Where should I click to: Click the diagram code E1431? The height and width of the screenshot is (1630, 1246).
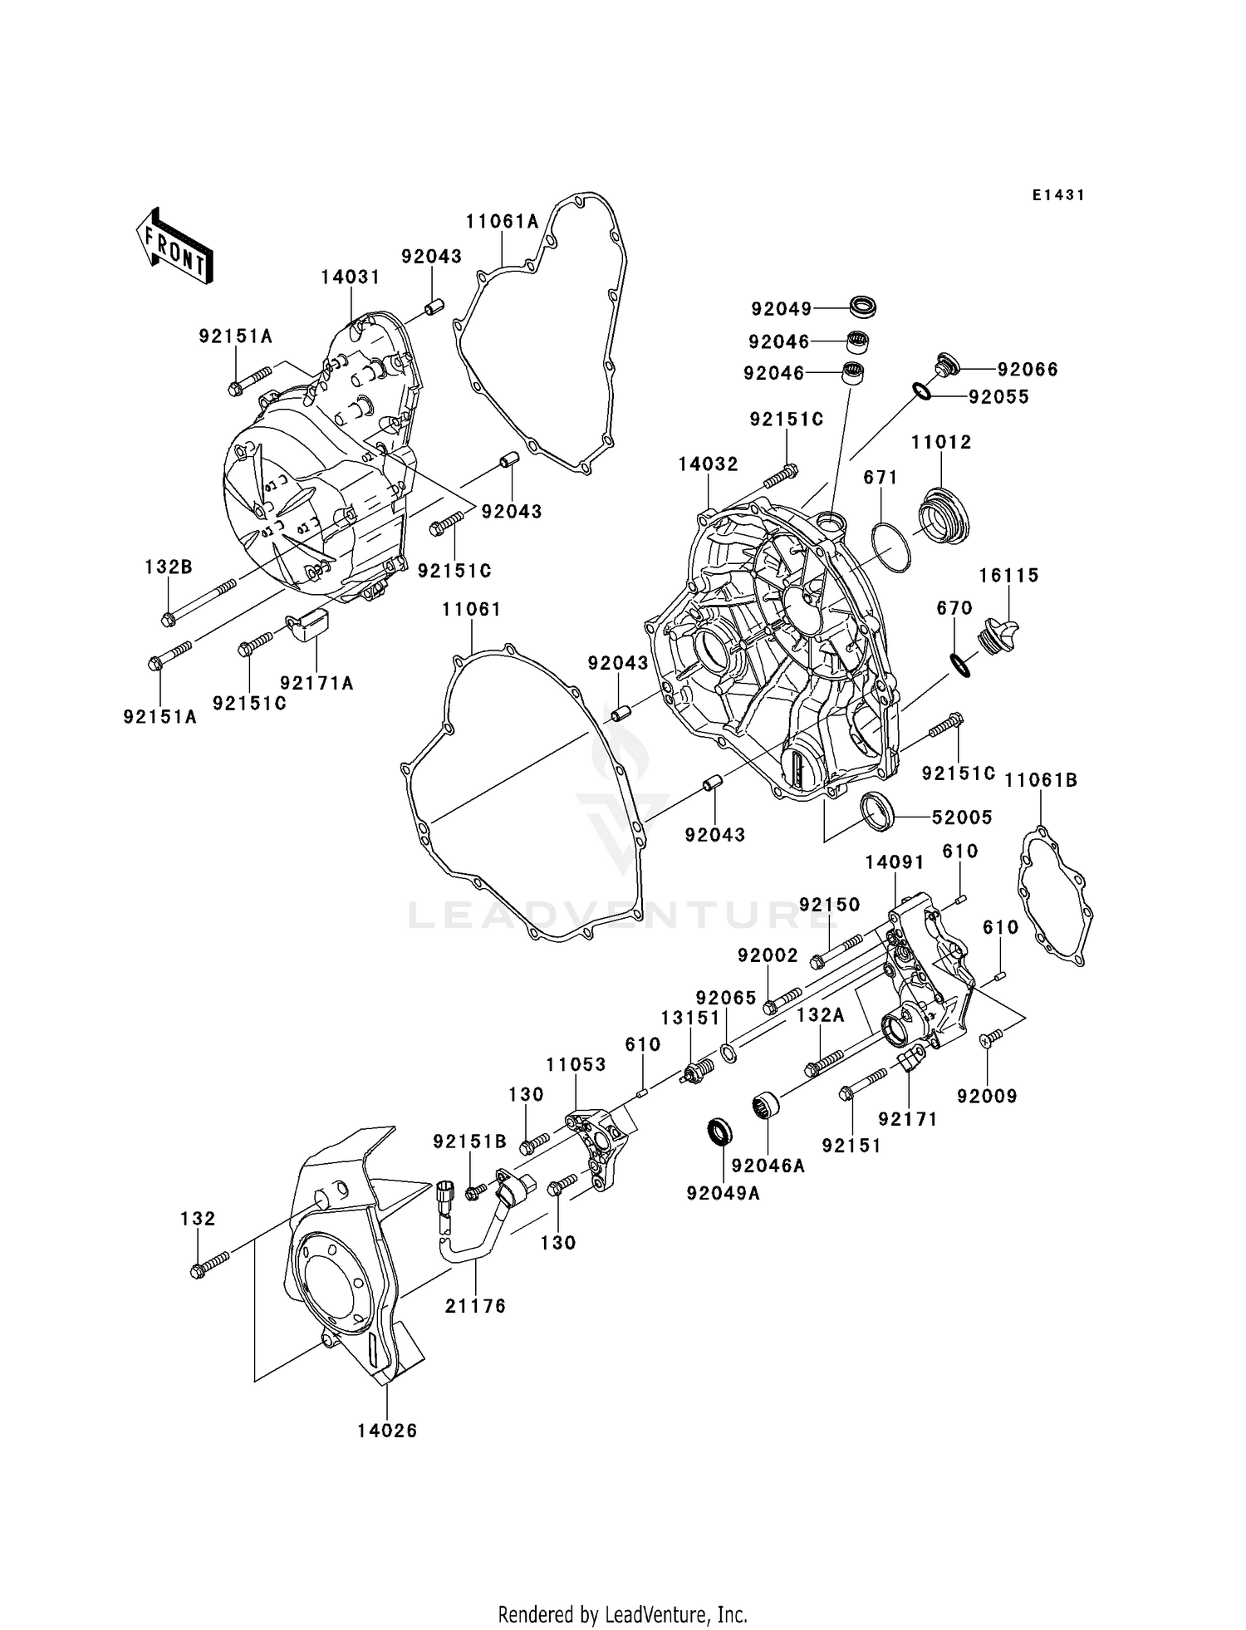1058,195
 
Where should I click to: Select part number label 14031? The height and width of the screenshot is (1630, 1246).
351,277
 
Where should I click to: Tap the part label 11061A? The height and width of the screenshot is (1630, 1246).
502,221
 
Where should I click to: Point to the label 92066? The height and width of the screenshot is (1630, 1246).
1028,369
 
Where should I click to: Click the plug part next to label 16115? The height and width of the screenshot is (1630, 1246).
1000,636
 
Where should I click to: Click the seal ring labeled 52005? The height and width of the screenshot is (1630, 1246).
877,810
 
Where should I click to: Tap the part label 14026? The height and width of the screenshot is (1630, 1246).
387,1431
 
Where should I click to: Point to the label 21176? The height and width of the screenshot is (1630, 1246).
475,1306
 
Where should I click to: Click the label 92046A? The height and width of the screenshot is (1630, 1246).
768,1166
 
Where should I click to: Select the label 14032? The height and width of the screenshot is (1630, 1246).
708,464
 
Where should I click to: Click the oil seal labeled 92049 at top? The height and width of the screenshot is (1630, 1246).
864,306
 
